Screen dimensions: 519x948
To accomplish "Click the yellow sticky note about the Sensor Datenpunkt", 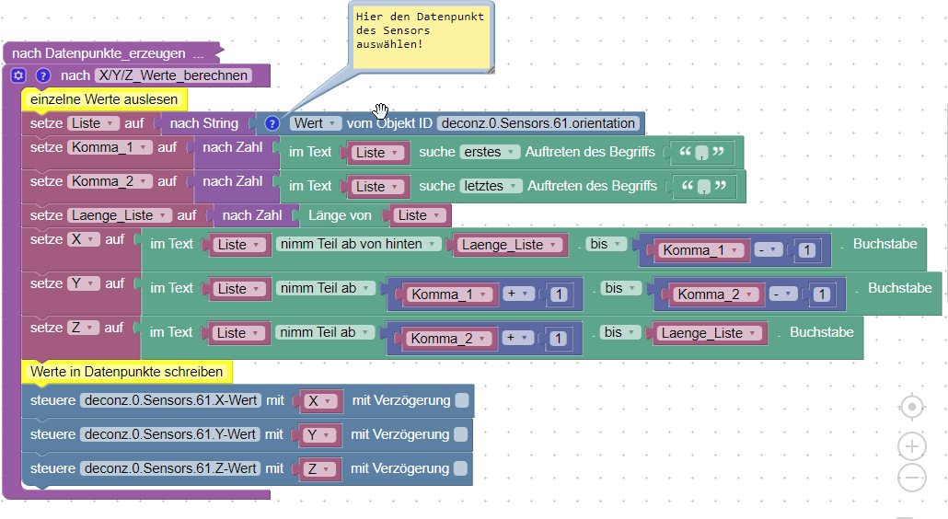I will pos(422,37).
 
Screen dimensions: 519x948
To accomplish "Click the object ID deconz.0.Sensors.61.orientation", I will pos(538,123).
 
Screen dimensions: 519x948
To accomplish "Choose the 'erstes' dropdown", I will pos(490,152).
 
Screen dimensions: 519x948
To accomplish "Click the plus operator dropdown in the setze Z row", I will pos(520,338).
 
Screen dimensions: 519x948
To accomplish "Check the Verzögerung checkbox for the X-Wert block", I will pos(461,400).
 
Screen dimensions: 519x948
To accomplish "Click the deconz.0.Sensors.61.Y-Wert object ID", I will pos(169,434).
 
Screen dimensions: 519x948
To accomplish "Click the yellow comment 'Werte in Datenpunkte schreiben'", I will pos(127,372).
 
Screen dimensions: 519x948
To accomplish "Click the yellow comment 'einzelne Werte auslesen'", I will pos(104,98).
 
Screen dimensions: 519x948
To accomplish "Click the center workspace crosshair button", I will pos(911,407).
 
